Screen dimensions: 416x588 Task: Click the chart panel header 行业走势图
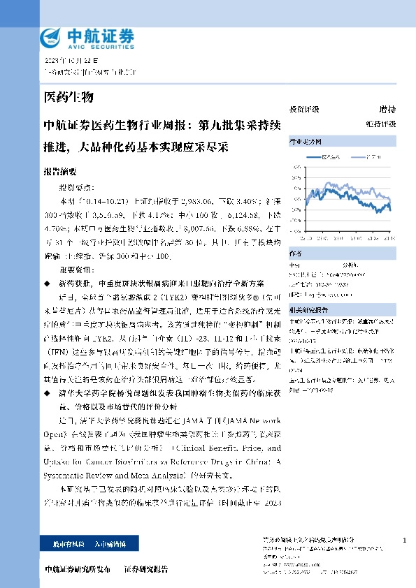point(303,140)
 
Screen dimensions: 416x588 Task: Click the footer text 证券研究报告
point(146,569)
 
